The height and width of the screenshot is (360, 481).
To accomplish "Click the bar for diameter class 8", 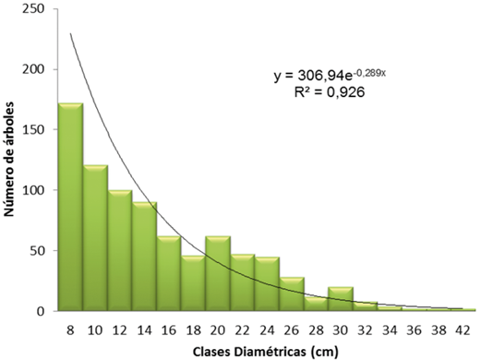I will pos(71,207).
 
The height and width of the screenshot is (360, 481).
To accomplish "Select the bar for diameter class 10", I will pos(95,238).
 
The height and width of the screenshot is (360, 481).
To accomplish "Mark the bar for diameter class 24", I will pos(268,284).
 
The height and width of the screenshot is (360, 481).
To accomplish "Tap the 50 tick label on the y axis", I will pos(40,251).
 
